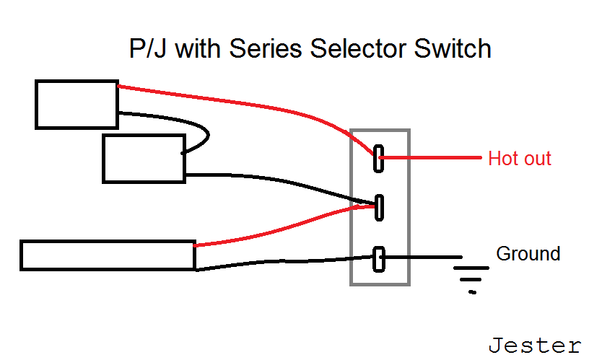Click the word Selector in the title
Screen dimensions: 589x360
358,49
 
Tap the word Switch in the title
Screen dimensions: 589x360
453,49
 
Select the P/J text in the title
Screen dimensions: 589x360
147,49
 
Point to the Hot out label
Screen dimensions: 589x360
520,159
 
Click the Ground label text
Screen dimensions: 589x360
528,254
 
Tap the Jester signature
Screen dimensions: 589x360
535,346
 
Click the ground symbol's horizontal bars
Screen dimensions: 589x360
471,280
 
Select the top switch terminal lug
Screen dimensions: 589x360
379,159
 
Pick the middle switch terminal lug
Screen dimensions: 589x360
380,208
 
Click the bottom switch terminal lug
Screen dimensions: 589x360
379,259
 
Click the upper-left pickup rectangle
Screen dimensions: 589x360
77,105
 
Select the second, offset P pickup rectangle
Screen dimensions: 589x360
144,159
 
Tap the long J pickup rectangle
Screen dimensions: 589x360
108,255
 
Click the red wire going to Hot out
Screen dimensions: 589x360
430,158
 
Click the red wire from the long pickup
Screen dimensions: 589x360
286,228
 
